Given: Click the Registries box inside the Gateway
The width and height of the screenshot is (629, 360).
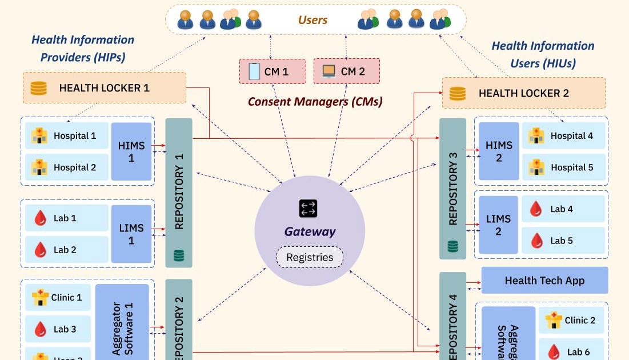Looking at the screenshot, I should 310,257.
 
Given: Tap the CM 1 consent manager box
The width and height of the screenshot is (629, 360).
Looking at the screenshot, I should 273,71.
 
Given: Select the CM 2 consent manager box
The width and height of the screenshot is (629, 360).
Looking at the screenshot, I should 347,71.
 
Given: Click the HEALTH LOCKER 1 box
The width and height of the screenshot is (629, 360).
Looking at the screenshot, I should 105,88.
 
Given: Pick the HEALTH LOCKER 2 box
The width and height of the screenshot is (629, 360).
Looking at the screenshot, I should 524,93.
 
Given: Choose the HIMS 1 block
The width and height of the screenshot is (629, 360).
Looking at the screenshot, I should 131,152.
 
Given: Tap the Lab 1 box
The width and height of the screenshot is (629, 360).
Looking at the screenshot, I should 66,218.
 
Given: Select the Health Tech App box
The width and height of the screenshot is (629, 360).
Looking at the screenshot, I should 544,280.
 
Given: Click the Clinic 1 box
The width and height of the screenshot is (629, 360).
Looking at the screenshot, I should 58,297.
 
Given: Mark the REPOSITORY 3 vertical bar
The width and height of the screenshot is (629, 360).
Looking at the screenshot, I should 452,188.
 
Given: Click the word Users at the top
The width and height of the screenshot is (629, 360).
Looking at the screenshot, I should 313,20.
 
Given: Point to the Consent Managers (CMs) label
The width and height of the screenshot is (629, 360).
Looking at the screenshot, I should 315,102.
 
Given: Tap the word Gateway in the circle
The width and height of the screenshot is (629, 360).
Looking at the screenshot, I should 310,231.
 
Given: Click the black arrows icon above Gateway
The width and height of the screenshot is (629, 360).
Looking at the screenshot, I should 308,209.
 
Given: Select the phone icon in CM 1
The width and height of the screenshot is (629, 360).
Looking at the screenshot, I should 254,71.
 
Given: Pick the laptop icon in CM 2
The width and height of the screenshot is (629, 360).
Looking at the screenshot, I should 328,71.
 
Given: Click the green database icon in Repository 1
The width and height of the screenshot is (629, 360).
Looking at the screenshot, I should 178,255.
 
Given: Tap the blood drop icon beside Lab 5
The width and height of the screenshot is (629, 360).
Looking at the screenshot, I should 536,241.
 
